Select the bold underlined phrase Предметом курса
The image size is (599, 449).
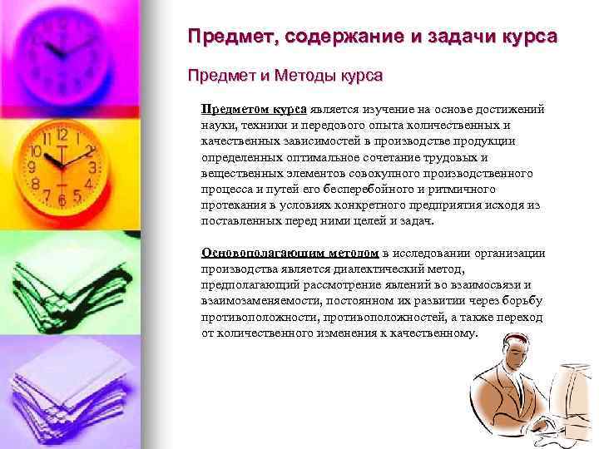pos(254,109)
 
